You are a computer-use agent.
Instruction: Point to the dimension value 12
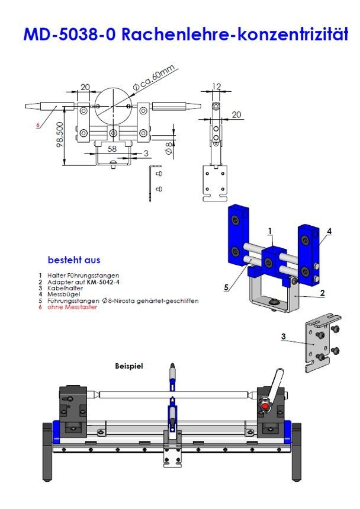(216, 87)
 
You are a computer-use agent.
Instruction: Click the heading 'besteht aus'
(74, 260)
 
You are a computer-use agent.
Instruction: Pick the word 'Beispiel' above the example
(128, 366)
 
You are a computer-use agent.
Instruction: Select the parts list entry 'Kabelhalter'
(65, 287)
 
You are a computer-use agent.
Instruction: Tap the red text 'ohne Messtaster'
(73, 306)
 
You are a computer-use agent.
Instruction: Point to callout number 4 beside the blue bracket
(329, 231)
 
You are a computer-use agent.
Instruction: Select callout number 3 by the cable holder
(283, 337)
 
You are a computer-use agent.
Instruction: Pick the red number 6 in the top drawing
(37, 125)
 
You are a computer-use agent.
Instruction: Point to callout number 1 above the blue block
(269, 231)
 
